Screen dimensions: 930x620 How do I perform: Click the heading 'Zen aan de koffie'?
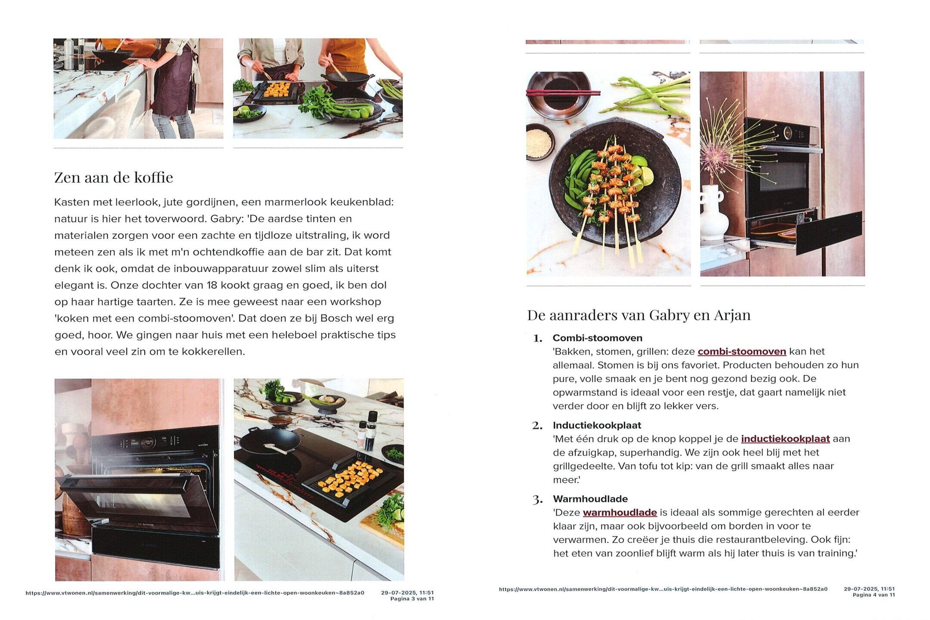coord(114,177)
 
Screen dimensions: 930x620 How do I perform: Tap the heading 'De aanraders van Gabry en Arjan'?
coord(639,315)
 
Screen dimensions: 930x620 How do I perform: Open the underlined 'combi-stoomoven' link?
coord(742,351)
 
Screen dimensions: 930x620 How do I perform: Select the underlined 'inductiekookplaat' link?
coord(785,439)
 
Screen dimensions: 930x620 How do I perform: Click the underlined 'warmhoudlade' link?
coord(620,512)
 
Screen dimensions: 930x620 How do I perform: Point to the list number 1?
coord(537,338)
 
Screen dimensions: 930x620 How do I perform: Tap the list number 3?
coord(537,500)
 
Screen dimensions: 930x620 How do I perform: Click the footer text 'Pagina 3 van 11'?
coord(412,599)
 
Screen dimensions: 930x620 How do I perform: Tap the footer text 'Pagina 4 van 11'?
coord(874,595)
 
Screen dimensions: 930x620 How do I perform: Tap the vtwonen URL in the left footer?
coord(195,593)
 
